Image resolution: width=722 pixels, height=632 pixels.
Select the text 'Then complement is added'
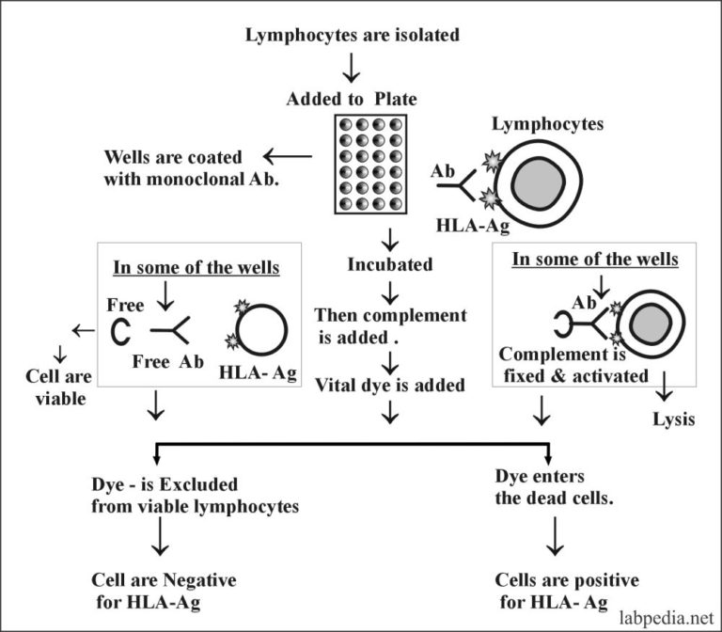(x=376, y=325)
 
